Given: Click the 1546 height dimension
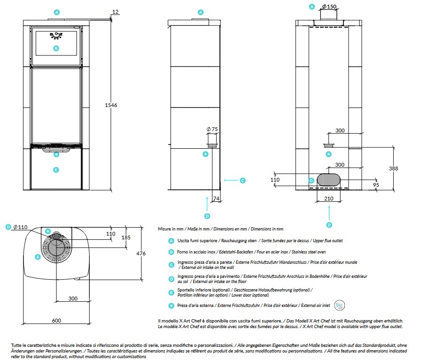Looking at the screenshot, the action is click(x=111, y=105).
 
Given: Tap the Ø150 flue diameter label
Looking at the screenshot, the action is click(x=329, y=7).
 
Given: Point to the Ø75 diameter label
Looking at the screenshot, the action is click(x=212, y=129).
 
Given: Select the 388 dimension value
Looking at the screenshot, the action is click(x=393, y=169).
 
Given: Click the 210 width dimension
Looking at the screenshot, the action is click(x=328, y=199).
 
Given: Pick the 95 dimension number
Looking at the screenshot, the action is click(x=376, y=185).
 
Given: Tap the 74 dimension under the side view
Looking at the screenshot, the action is click(x=216, y=199).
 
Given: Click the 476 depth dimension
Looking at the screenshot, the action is click(x=141, y=253).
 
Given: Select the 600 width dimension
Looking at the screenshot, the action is click(x=56, y=321).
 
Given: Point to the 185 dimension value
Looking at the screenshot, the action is click(x=126, y=237).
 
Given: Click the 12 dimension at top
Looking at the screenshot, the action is click(x=115, y=12).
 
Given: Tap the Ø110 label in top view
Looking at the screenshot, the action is click(x=20, y=227).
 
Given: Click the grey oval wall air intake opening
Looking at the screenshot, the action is click(x=328, y=180).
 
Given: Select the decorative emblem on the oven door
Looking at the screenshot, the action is click(x=56, y=35).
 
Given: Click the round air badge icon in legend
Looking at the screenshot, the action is click(x=340, y=305).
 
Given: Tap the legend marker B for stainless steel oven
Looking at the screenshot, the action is click(x=172, y=252).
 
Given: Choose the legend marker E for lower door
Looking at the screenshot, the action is click(x=172, y=293).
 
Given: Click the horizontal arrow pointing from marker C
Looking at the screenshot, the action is click(x=231, y=180).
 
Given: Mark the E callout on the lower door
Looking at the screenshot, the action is click(x=56, y=170).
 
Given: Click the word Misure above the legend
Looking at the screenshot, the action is click(x=164, y=229).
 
